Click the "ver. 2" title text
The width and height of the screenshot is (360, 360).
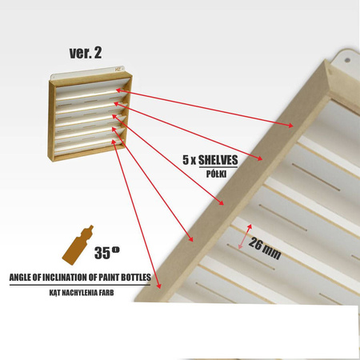[86, 53]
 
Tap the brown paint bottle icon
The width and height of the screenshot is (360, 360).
[78, 246]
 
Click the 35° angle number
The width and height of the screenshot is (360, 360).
[106, 253]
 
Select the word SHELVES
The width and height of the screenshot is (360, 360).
[218, 160]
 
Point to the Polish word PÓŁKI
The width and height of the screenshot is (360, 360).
[216, 174]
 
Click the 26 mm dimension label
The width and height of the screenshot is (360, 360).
[265, 249]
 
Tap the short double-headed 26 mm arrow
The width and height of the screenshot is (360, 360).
[245, 237]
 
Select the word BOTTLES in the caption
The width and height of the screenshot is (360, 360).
[136, 278]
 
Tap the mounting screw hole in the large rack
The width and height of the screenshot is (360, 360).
[347, 60]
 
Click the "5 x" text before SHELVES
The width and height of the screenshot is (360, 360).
[189, 160]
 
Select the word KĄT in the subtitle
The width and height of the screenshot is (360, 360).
[55, 293]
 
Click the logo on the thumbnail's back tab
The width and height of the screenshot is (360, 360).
[118, 69]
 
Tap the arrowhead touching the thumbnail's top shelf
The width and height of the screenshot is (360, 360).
[118, 90]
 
